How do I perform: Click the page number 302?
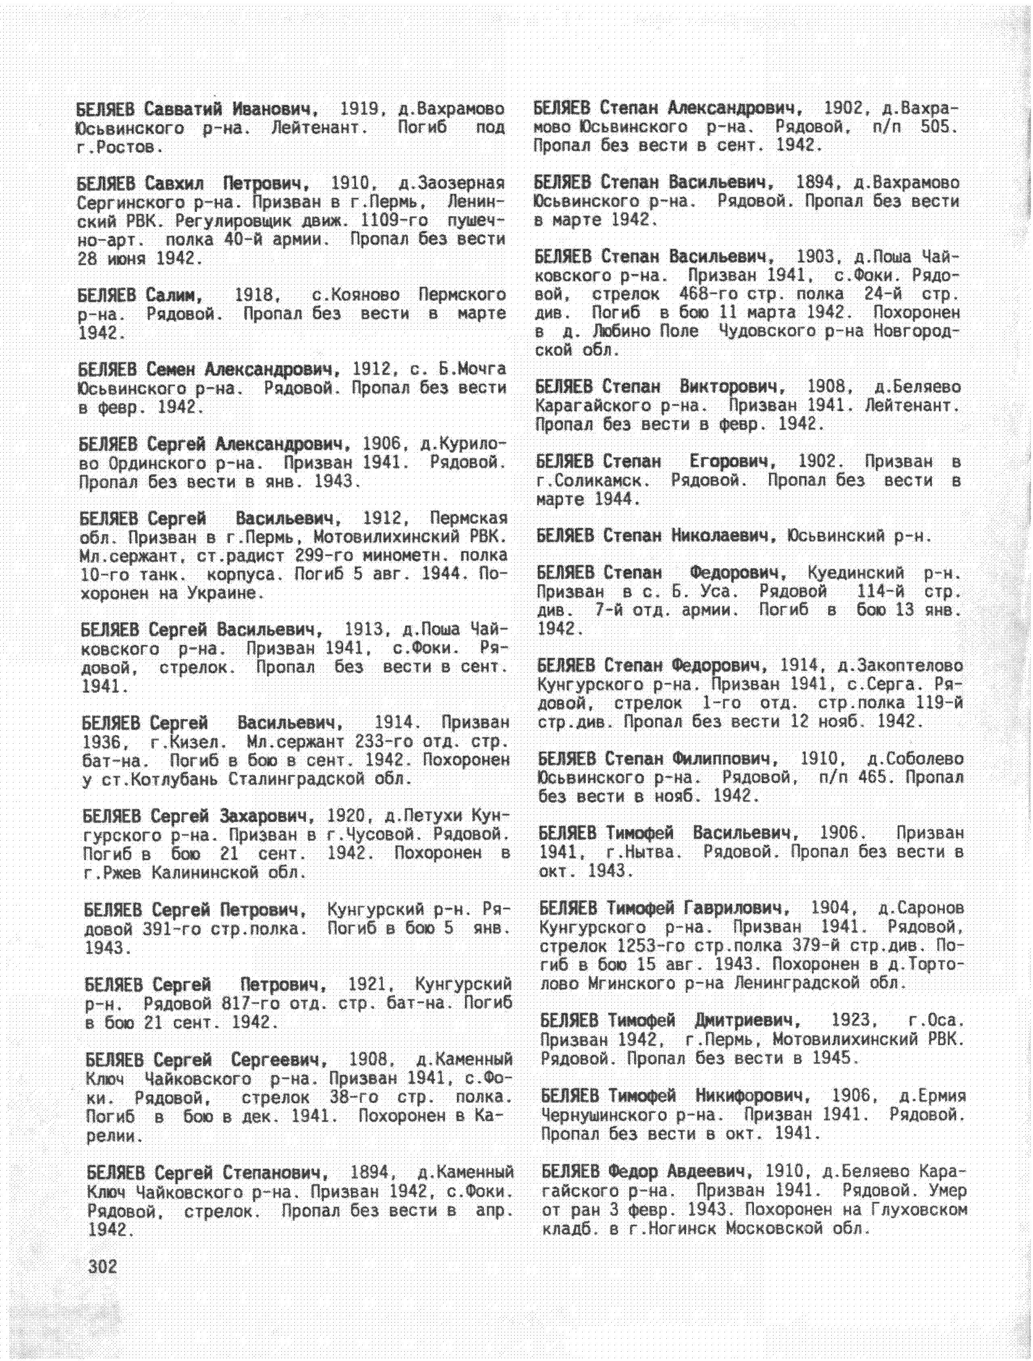click(102, 1267)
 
